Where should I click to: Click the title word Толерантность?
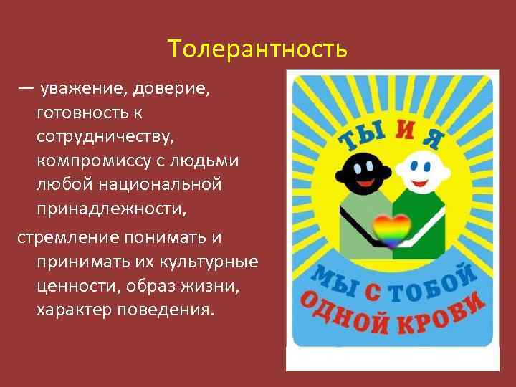(x=258, y=49)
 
